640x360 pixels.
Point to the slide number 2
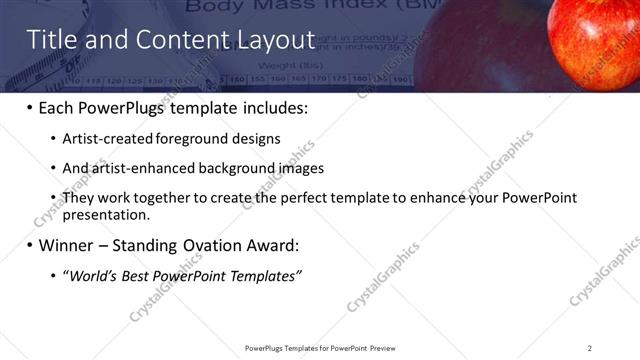coord(590,347)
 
